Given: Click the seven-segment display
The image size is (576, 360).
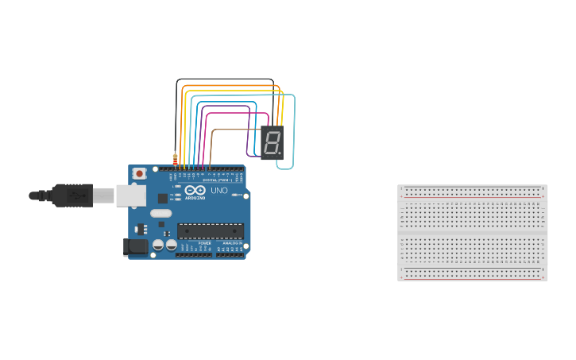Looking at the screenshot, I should pos(272,143).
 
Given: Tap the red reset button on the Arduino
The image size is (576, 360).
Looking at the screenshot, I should pos(139,172).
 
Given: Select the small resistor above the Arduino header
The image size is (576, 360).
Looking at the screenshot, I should pos(175,158).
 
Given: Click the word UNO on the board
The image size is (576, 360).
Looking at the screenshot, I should pos(218,191).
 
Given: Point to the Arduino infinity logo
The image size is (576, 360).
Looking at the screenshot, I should pos(195,190).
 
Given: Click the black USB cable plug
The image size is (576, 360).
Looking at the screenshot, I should pos(72,195).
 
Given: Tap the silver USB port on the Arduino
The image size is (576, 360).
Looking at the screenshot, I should pos(130,195).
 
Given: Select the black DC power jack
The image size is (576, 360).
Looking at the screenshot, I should pos(136,246).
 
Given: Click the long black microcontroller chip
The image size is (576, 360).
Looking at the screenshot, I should pos(210,231).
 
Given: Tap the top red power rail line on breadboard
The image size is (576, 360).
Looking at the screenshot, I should pos(473,196).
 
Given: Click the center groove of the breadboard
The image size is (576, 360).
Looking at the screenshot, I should pos(473,233).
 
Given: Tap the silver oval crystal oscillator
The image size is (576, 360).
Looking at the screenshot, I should pos(160,213).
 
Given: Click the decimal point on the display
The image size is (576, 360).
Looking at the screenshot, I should pos(280,153).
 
